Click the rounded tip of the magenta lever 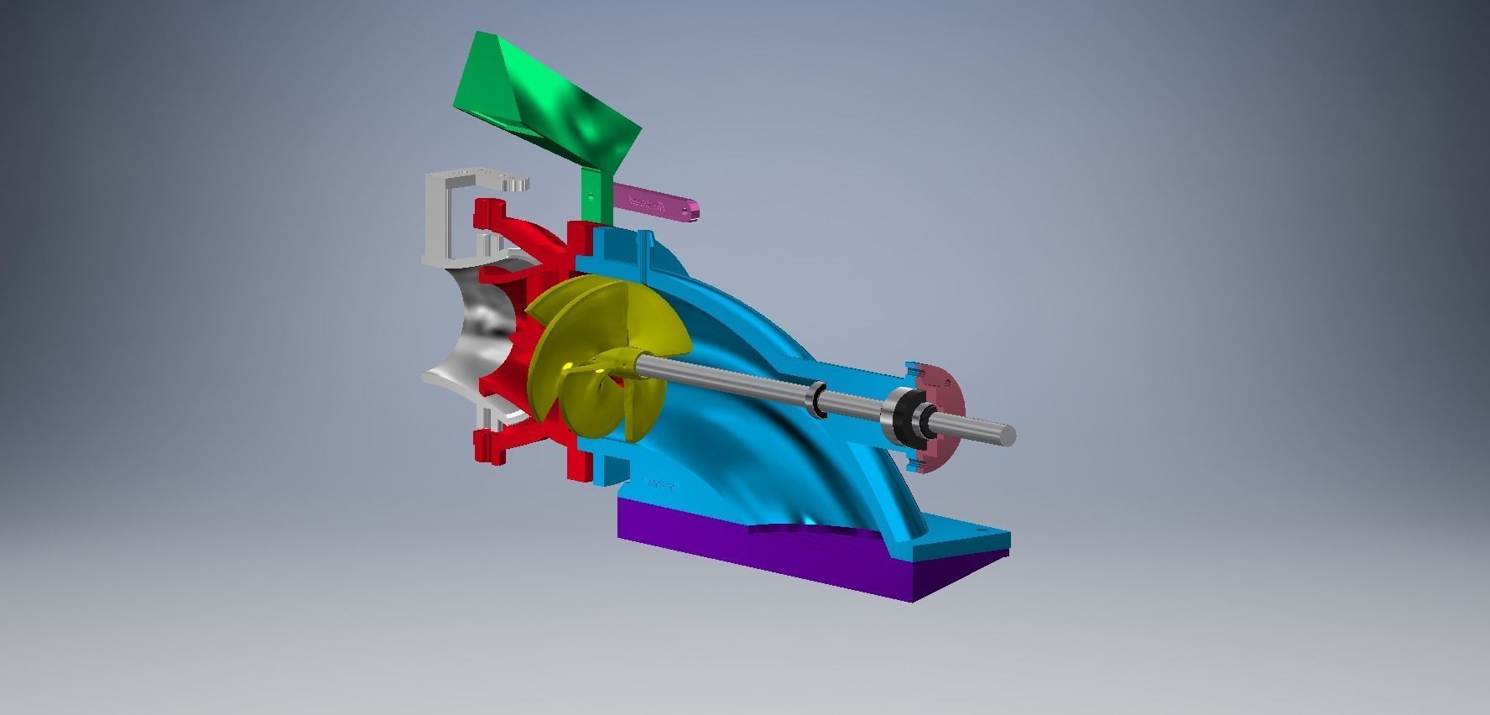coord(693,210)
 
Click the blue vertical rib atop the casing coord(647,252)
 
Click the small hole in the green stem coord(590,194)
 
